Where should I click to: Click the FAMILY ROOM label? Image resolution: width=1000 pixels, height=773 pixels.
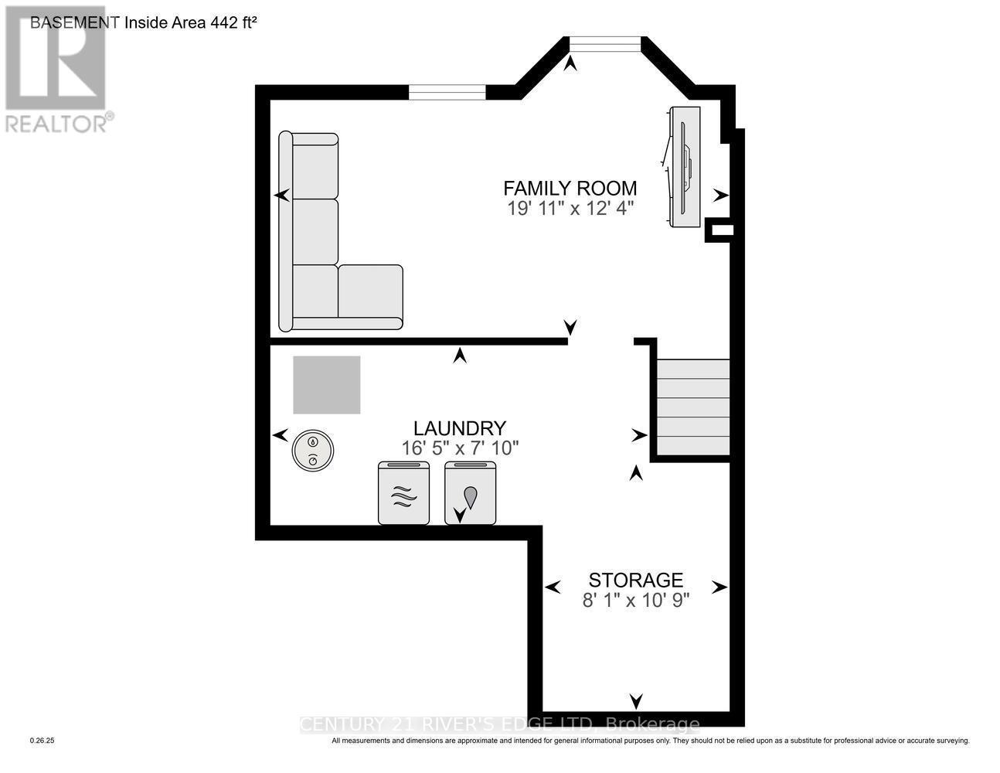click(x=570, y=188)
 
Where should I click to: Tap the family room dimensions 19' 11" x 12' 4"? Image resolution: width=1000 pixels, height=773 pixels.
click(x=570, y=208)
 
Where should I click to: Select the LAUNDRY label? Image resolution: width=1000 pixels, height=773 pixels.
click(x=459, y=428)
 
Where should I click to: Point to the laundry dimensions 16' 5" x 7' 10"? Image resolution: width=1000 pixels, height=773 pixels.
click(x=459, y=448)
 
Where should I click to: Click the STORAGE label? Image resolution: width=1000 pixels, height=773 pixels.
click(x=635, y=580)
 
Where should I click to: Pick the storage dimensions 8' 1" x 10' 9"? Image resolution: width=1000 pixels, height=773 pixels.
click(x=635, y=600)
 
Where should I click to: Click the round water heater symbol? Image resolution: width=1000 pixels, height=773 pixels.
click(x=312, y=451)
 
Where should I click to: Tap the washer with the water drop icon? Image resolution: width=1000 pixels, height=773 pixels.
click(x=470, y=493)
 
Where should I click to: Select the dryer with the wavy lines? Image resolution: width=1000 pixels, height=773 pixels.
click(x=403, y=493)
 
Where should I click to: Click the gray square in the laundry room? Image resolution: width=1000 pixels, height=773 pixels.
click(x=326, y=385)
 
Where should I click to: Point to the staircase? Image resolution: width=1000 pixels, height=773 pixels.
click(x=692, y=407)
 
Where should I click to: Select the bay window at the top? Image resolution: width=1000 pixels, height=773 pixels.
click(x=605, y=45)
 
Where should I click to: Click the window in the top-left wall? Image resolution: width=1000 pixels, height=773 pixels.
click(x=447, y=92)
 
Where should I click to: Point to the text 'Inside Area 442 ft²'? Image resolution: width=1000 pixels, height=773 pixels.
click(x=190, y=22)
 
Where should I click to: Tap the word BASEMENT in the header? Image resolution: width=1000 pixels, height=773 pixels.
click(x=74, y=22)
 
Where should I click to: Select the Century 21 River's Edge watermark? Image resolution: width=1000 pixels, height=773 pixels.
click(x=499, y=724)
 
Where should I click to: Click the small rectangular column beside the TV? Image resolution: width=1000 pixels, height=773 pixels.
click(x=720, y=230)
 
